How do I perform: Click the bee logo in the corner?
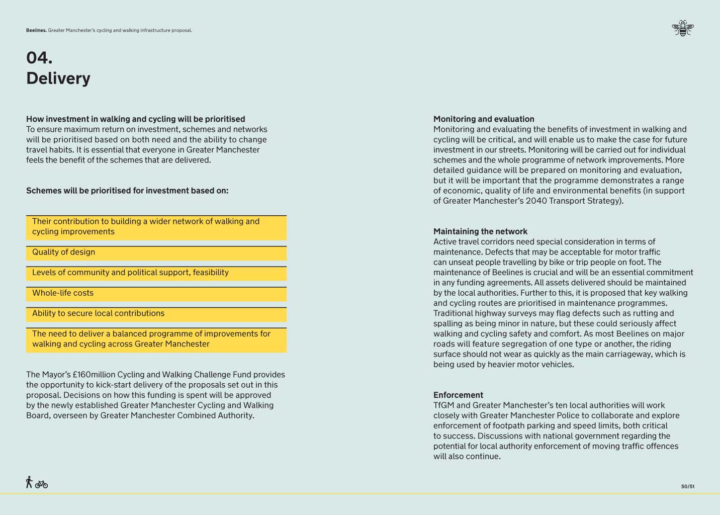(x=682, y=28)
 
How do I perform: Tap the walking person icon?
(x=29, y=482)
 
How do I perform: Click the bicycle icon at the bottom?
(x=42, y=484)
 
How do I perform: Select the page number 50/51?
(x=687, y=486)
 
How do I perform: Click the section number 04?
(x=39, y=58)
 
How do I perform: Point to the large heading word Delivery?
(x=58, y=78)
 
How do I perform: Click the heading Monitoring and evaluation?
(x=484, y=119)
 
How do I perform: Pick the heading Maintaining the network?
(x=480, y=231)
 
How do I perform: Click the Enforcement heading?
(x=458, y=395)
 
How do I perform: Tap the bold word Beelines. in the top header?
(x=36, y=30)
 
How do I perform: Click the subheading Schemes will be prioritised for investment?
(x=127, y=191)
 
